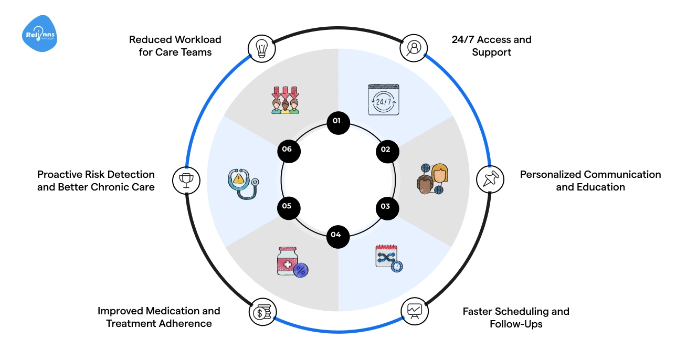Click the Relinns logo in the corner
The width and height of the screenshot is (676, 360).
(40, 34)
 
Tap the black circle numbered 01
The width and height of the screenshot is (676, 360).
(336, 121)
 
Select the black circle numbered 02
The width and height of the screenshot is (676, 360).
(386, 150)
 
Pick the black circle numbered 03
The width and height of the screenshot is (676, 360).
(386, 206)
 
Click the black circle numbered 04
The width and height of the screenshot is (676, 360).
(336, 235)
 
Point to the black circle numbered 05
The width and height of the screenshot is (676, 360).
(287, 206)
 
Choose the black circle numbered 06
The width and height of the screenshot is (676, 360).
(287, 150)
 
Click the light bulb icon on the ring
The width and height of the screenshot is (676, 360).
(261, 48)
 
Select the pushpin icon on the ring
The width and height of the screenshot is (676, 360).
(490, 179)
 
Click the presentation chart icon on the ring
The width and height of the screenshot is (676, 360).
(414, 311)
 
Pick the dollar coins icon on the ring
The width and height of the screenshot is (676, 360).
(261, 312)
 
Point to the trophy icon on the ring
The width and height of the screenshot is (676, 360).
(185, 179)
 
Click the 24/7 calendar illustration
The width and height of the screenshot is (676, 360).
(383, 99)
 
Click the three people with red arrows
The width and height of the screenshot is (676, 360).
(285, 100)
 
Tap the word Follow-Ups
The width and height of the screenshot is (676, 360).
(516, 324)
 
